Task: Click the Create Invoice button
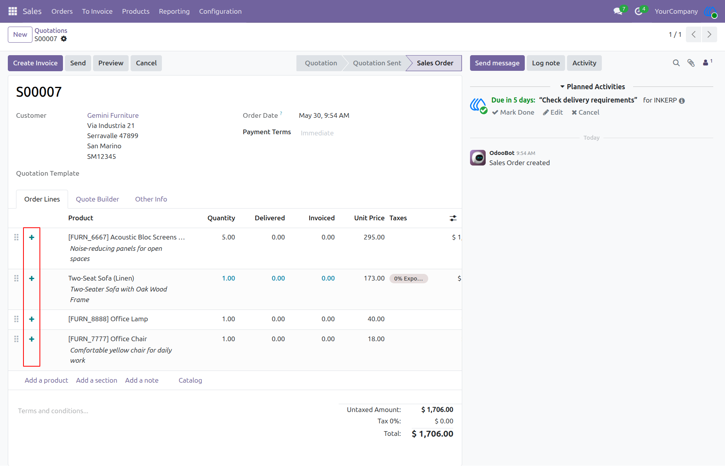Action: click(35, 63)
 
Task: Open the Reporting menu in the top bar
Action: click(174, 11)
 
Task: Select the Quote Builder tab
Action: click(97, 199)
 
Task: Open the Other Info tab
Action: click(151, 199)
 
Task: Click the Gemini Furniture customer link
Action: click(113, 115)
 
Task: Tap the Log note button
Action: click(546, 63)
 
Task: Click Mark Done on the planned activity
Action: click(513, 112)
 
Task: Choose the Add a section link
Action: click(97, 380)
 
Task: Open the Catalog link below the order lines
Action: click(190, 380)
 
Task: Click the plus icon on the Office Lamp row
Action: click(32, 319)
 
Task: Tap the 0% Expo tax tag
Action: click(409, 279)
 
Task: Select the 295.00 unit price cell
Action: click(374, 237)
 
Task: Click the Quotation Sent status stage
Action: click(377, 63)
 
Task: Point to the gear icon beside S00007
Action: click(64, 39)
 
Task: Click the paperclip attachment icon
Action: click(691, 63)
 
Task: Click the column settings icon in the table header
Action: click(453, 218)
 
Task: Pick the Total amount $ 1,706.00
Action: click(432, 434)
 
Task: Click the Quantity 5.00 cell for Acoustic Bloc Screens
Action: click(228, 237)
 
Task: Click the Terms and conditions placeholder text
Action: click(53, 411)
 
